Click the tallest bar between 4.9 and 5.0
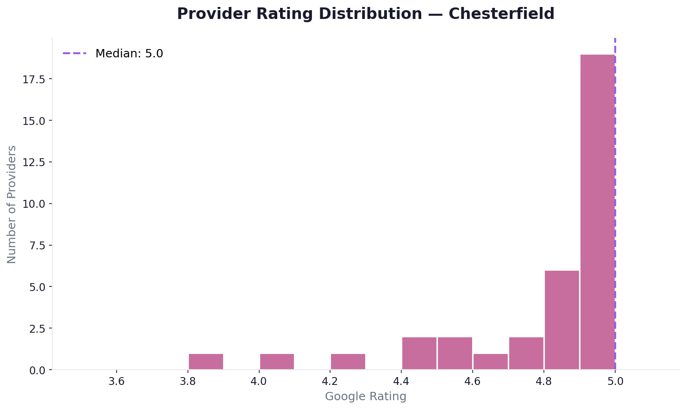(x=597, y=212)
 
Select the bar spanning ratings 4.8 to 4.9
(x=561, y=320)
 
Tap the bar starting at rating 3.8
(x=206, y=362)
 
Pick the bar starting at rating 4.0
(x=277, y=362)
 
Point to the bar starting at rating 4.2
(x=348, y=362)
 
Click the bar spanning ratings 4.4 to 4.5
(x=419, y=353)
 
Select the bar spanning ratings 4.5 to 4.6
(x=455, y=353)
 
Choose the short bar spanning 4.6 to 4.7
(x=490, y=362)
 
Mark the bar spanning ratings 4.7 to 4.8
(x=526, y=353)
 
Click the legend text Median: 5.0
(x=129, y=54)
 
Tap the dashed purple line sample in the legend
(x=75, y=54)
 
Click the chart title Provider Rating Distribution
(x=365, y=14)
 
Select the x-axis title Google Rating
(x=365, y=397)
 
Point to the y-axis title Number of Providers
(x=12, y=204)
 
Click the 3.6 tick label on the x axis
(x=116, y=382)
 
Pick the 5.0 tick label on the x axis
(x=615, y=382)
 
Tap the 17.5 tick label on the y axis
(x=34, y=80)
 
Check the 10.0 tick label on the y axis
(x=34, y=204)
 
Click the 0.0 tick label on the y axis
(x=37, y=370)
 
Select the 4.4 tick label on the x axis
(x=401, y=382)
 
